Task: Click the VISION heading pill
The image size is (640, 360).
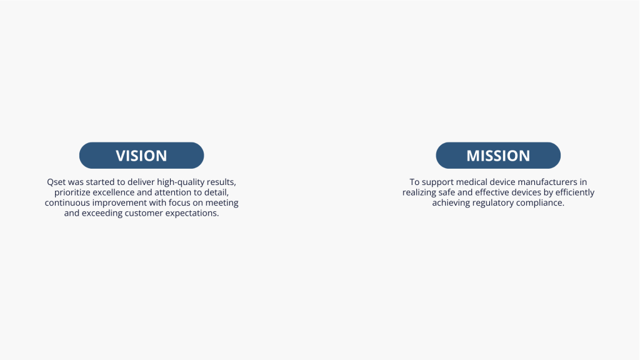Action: (141, 156)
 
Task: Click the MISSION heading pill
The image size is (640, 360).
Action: (498, 156)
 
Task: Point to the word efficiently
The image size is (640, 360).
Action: (575, 192)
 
